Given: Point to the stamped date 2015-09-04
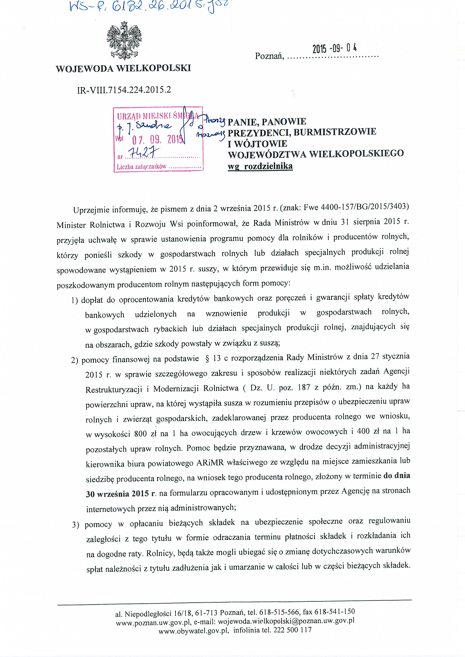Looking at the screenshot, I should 335,49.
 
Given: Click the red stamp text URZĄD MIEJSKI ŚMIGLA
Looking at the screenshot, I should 158,116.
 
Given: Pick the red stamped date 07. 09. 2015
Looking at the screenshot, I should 158,140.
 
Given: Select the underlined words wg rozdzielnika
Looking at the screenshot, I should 260,166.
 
